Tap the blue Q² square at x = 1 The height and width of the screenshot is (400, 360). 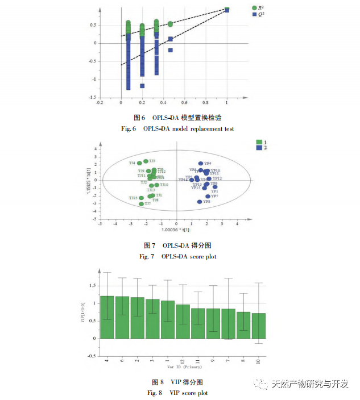(x=227, y=10)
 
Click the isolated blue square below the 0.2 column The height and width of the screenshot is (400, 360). (x=142, y=86)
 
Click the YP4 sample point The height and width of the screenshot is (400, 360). (x=201, y=164)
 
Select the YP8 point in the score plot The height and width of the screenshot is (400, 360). (x=200, y=202)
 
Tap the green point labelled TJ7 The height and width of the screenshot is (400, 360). (x=142, y=203)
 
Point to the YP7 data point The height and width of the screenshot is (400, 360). (x=208, y=196)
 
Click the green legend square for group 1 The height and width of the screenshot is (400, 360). (x=258, y=142)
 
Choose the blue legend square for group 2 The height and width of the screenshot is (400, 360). (x=258, y=148)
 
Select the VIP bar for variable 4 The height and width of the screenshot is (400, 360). (x=107, y=317)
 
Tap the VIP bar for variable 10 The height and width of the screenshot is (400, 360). (x=259, y=326)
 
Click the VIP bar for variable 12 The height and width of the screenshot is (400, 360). (x=183, y=321)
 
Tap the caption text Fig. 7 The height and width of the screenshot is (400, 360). (x=147, y=257)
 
